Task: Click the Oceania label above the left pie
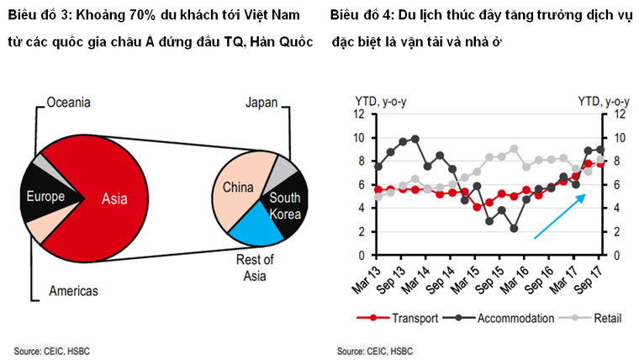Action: pos(68,103)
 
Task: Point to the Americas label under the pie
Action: pos(72,291)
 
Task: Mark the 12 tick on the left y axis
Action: pos(358,114)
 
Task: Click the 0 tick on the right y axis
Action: pos(614,255)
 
